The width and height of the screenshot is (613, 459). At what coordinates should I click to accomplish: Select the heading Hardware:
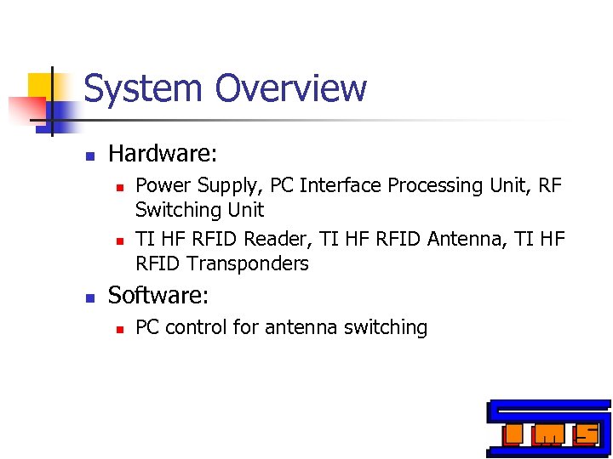click(163, 154)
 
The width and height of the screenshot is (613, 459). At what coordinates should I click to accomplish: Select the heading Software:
click(159, 296)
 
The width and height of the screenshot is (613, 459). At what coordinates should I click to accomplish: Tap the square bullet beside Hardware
click(88, 156)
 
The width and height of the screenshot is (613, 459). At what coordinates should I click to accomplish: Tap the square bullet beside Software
click(88, 297)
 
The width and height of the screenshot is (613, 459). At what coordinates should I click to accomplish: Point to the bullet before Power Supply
click(120, 186)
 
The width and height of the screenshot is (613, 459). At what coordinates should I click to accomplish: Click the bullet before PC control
click(120, 328)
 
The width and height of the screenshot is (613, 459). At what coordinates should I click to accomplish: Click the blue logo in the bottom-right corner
click(548, 428)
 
